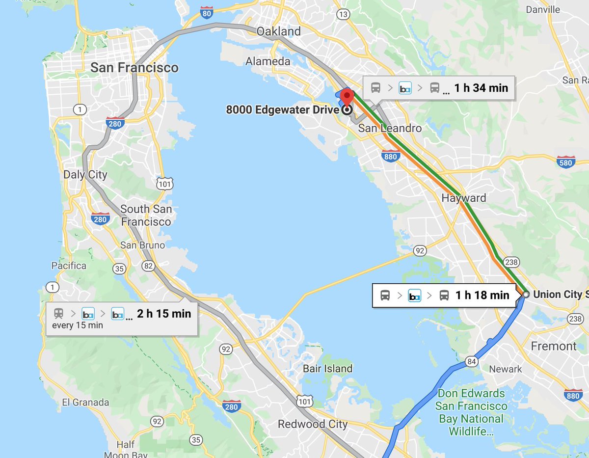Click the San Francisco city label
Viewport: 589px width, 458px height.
(134, 67)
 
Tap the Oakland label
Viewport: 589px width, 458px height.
(279, 31)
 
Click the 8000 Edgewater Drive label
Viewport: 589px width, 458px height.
(282, 110)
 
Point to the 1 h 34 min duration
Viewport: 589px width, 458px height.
(481, 88)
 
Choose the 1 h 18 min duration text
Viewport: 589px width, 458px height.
(482, 295)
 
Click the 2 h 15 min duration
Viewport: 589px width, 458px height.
(164, 313)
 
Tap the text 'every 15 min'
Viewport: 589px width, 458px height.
(78, 325)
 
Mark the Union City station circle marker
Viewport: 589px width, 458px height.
(526, 295)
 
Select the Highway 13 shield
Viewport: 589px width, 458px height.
(343, 15)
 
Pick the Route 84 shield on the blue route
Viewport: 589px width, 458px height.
(472, 362)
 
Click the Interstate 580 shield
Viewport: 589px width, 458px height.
(566, 162)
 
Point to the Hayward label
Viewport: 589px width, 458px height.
(464, 198)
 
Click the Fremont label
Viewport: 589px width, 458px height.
(554, 346)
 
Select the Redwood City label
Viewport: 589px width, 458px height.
(313, 424)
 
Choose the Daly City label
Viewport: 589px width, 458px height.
(85, 175)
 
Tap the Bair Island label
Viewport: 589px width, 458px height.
(327, 368)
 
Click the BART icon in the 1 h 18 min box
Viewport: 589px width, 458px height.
(415, 296)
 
